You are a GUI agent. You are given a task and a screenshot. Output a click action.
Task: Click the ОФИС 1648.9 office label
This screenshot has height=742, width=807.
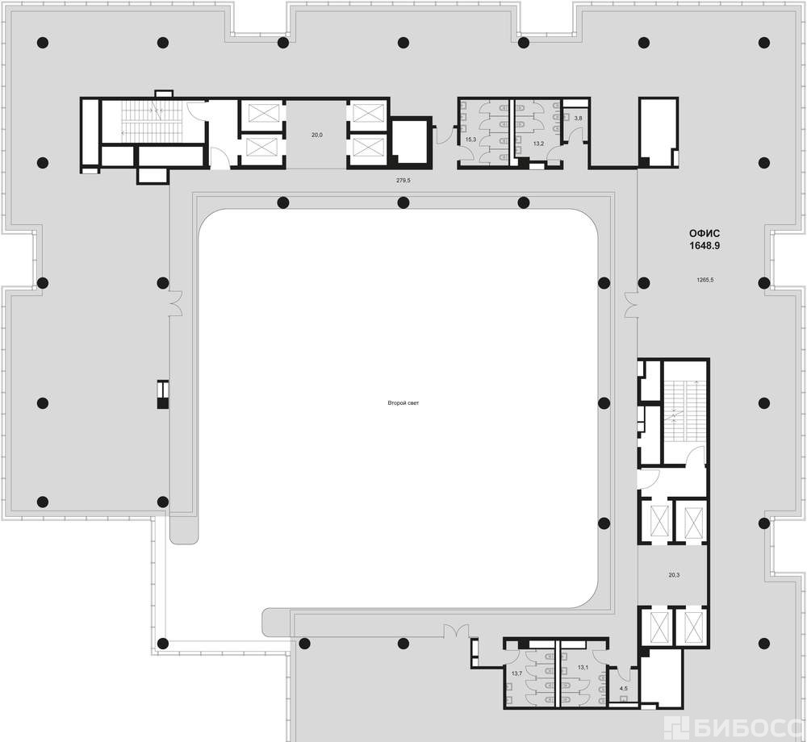coord(705,240)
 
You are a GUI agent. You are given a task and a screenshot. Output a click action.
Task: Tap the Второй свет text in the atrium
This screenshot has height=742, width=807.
coord(403,403)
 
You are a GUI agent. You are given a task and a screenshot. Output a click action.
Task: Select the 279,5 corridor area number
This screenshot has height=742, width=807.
coord(403,181)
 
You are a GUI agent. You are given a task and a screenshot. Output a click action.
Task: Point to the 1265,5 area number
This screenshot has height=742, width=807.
coord(705,280)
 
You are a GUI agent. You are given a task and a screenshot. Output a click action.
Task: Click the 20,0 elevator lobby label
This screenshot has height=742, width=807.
coord(317,135)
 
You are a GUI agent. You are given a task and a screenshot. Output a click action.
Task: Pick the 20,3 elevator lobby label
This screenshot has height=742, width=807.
coord(674,575)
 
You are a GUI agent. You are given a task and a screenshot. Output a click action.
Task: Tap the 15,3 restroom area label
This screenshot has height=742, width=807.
coord(470,140)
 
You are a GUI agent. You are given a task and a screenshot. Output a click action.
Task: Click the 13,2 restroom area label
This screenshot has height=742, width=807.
coord(538,144)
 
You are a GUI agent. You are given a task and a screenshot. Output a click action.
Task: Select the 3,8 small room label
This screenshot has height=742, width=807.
coord(578,119)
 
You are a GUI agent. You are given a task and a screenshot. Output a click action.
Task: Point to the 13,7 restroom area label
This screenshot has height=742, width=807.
coord(516,673)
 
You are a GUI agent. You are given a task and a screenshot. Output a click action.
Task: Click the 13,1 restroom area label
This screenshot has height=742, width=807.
coord(583,668)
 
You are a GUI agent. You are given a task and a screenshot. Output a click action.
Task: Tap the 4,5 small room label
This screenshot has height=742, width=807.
coord(623,688)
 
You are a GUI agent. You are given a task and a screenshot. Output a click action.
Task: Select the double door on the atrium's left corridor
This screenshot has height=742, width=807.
coord(178,302)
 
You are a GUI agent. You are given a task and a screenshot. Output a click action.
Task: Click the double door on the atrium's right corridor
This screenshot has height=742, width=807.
coord(630,304)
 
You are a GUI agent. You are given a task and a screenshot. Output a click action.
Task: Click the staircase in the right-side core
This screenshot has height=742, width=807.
coord(684,411)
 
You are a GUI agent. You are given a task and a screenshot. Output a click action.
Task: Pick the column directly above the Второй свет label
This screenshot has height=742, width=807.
coord(403,202)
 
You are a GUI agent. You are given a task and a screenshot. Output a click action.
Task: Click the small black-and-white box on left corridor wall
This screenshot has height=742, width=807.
coord(163,394)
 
